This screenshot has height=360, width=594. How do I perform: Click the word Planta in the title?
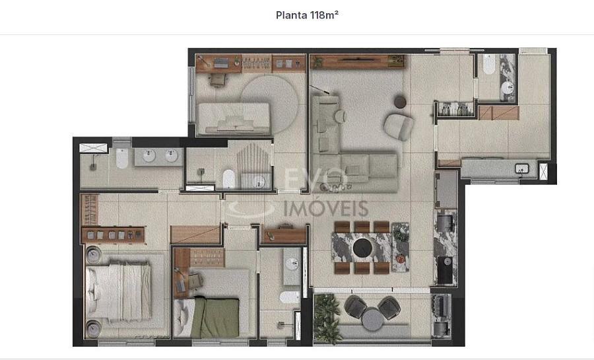(291, 16)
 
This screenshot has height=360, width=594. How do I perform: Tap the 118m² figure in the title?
(324, 15)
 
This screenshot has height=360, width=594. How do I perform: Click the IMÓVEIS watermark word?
(326, 209)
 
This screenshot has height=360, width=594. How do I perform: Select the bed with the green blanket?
(207, 317)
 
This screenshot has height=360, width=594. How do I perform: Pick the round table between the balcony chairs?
(373, 319)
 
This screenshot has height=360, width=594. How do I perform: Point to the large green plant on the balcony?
(327, 318)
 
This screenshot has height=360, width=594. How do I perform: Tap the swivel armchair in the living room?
(398, 127)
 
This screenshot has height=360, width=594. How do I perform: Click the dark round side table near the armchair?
(400, 102)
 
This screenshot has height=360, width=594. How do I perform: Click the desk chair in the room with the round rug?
(217, 79)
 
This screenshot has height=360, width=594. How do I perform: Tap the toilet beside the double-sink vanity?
(122, 158)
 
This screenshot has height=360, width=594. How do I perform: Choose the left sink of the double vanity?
(149, 156)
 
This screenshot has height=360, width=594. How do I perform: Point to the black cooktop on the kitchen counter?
(445, 270)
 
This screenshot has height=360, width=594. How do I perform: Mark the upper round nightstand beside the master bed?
(93, 255)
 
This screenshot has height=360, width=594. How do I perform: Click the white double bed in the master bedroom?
(118, 291)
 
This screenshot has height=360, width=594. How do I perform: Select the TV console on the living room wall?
(358, 62)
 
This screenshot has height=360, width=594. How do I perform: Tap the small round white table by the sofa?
(340, 116)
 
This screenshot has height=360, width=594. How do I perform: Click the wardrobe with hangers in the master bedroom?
(90, 209)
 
